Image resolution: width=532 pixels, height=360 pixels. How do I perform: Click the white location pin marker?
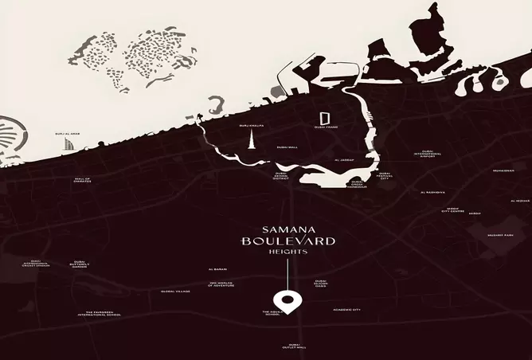(288, 302)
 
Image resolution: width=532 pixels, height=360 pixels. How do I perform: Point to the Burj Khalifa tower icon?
(252, 143)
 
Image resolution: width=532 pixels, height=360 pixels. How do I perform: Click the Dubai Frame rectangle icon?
(324, 116)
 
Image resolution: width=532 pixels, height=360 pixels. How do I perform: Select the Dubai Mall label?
(287, 147)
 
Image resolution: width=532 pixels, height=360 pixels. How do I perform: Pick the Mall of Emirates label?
(83, 180)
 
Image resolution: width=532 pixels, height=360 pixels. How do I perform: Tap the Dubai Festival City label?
(385, 175)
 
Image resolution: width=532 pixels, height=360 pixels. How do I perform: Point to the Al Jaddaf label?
(344, 160)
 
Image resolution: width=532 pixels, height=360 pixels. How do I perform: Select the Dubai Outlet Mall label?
(295, 346)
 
